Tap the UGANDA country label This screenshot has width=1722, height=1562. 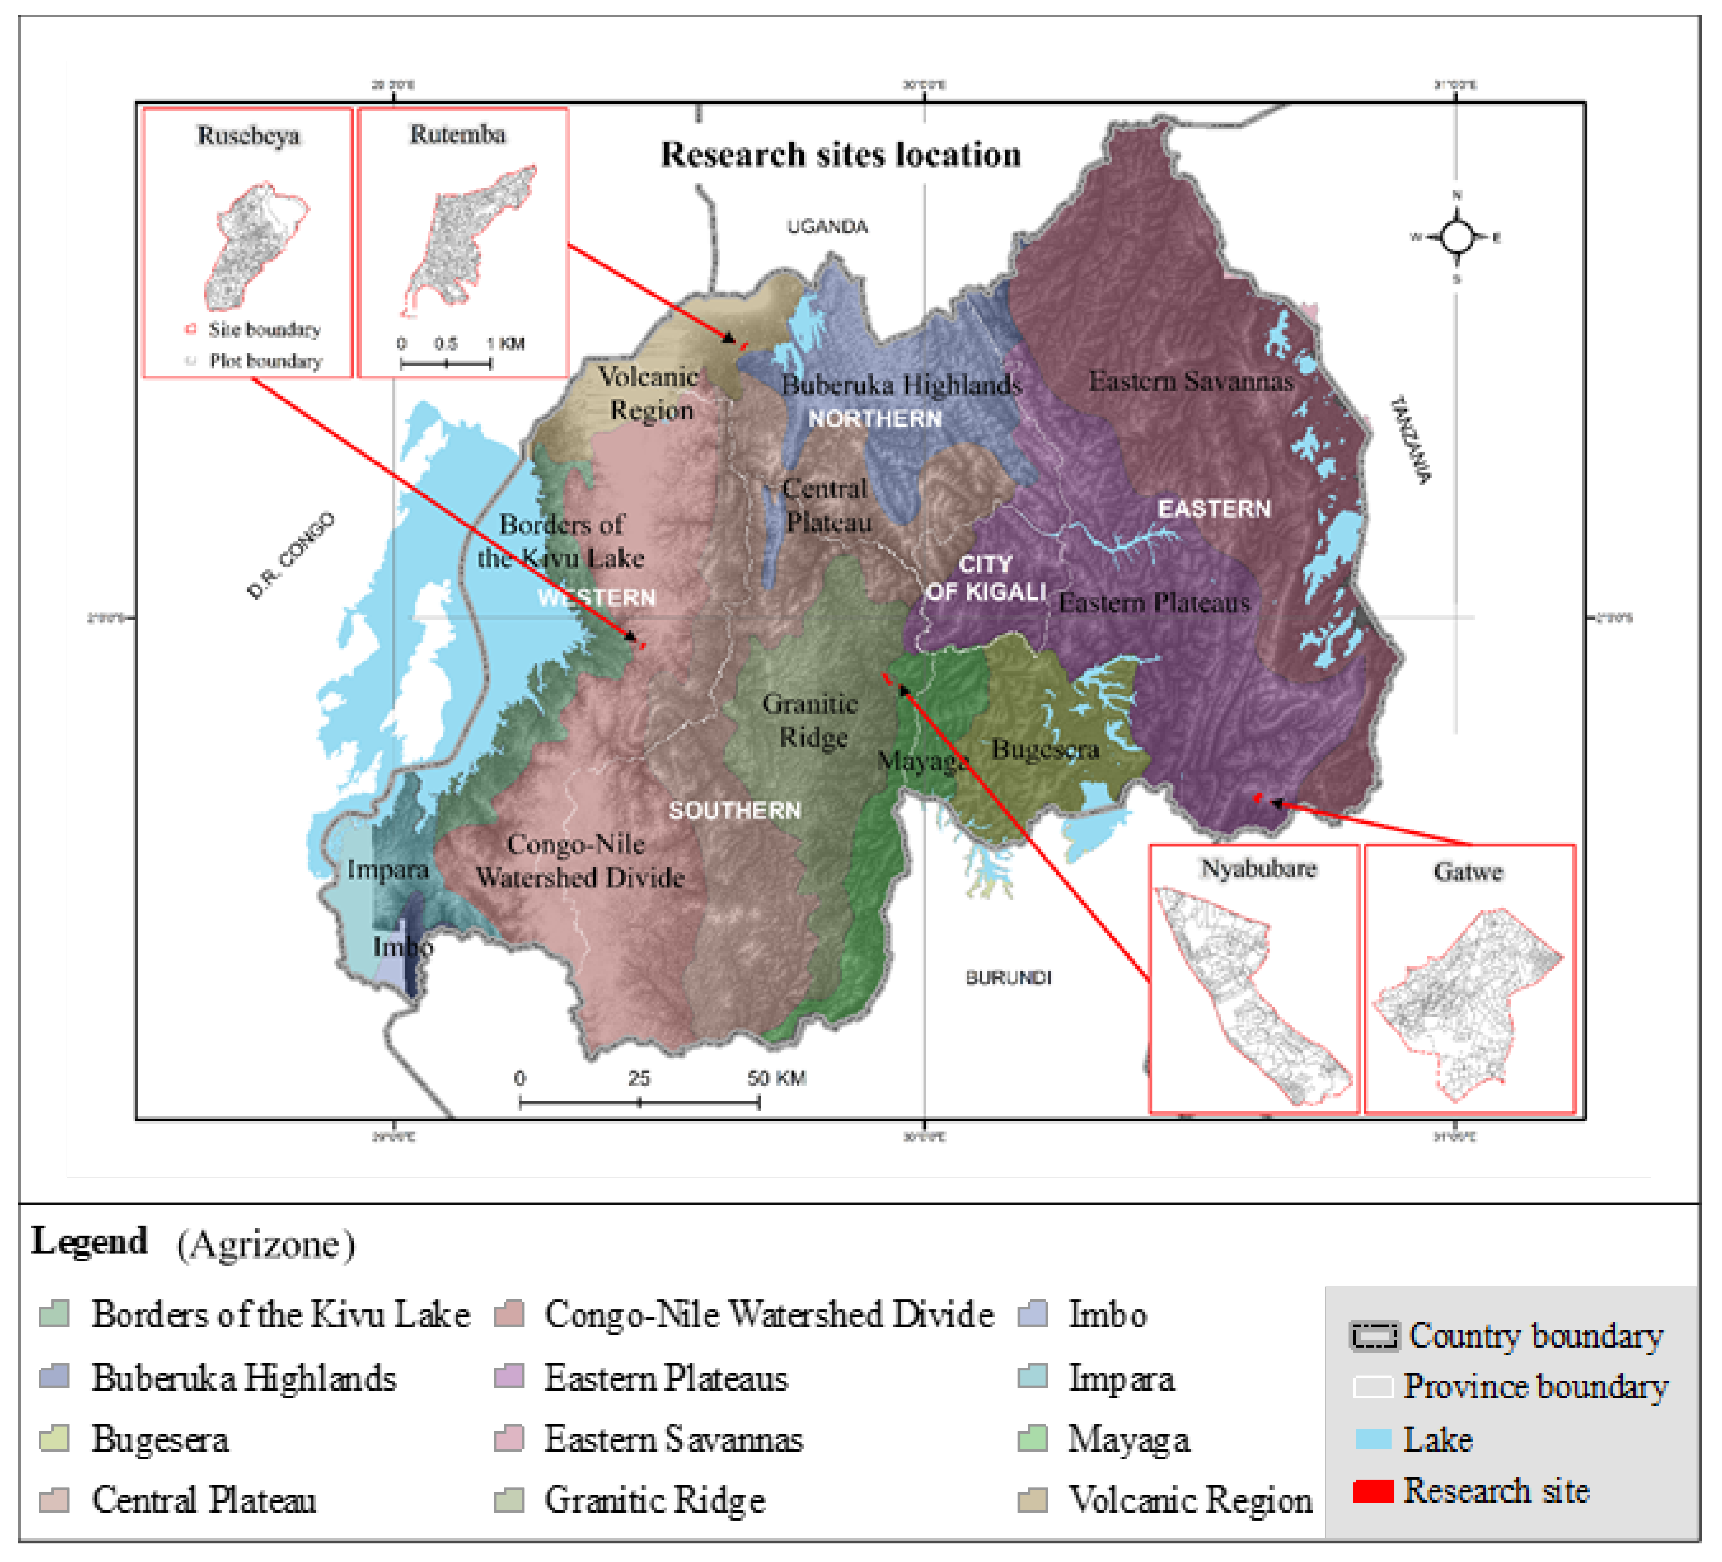[x=827, y=226]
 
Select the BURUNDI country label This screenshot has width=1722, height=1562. [x=1008, y=977]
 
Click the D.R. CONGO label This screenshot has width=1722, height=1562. [x=290, y=556]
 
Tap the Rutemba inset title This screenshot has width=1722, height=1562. [x=458, y=134]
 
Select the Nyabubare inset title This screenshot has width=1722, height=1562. [x=1258, y=868]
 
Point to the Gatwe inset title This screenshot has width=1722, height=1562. [x=1467, y=872]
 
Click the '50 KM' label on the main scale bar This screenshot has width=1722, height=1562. [x=777, y=1078]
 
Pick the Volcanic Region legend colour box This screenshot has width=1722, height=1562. [x=1033, y=1501]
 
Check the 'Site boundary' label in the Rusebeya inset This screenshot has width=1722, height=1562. [x=264, y=329]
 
